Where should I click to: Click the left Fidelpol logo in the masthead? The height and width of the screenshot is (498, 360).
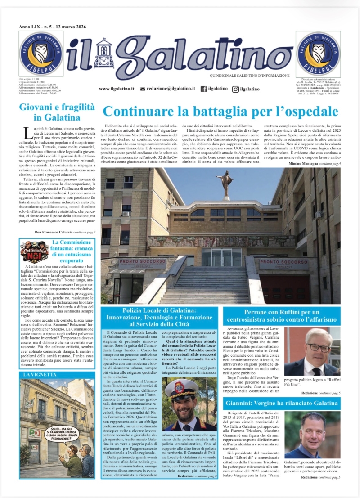pos(41,54)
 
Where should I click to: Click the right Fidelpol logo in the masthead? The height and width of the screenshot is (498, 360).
pos(318,54)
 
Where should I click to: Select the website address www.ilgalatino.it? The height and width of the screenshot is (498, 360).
pos(117,89)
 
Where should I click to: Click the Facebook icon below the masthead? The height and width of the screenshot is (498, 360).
pos(203,89)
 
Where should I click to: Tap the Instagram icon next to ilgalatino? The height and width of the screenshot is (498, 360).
pos(235,89)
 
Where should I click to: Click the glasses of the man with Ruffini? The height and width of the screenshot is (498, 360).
pos(319,348)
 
